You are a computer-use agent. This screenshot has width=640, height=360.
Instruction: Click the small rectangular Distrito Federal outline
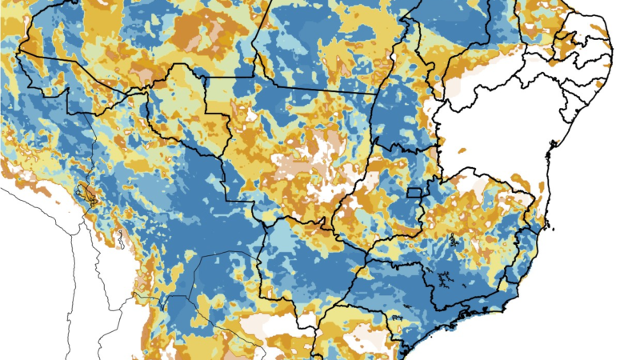414,191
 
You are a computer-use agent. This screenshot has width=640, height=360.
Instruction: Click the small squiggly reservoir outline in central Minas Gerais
454,239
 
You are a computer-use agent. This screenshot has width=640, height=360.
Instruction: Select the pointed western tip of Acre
19,52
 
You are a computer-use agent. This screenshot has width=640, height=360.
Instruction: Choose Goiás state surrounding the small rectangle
376,200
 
